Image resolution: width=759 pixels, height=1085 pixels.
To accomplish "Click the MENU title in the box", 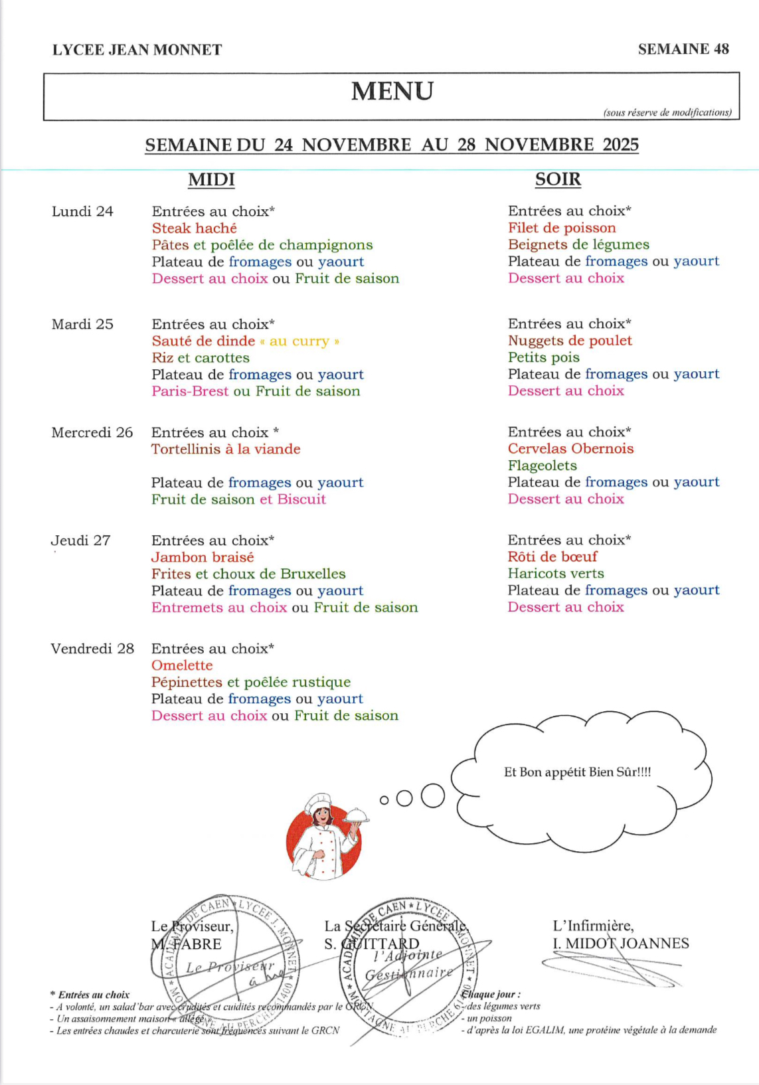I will tap(392, 92).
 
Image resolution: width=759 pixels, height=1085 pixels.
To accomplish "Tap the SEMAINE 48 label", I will tap(683, 49).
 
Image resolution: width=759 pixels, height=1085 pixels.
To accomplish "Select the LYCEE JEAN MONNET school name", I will tap(137, 50).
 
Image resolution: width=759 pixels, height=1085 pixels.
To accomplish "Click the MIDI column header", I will tap(211, 180).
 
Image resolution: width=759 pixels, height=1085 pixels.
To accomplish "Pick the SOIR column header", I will tap(558, 179).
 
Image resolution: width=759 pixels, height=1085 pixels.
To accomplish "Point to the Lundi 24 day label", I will tap(82, 212).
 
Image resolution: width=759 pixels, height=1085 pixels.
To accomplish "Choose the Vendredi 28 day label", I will tap(92, 649).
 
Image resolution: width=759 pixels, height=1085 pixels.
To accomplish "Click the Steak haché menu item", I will tap(194, 228).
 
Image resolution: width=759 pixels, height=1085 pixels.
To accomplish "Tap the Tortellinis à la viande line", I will tap(226, 450).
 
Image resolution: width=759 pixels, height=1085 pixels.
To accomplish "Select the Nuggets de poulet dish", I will tap(570, 341).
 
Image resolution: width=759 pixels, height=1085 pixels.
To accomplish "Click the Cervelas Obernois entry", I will tap(570, 449).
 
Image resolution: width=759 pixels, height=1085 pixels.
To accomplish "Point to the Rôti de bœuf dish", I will tap(552, 556).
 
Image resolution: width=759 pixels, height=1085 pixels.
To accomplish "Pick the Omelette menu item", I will tap(182, 665).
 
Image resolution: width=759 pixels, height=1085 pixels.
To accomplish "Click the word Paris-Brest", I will tap(190, 392).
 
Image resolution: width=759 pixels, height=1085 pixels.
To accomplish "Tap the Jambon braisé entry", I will tap(203, 558).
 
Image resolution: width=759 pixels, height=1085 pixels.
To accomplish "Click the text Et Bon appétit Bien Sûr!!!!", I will tap(577, 772).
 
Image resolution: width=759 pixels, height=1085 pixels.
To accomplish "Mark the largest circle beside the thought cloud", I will tap(432, 795).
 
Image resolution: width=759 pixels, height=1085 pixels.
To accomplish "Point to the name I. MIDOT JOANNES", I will tap(621, 944).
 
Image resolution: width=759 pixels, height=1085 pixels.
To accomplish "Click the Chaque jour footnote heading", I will tap(491, 994).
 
